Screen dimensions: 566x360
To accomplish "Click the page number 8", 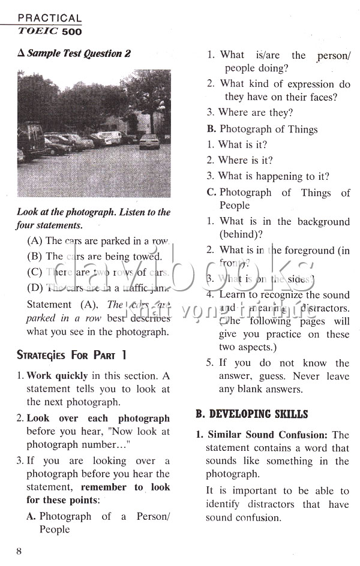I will (x=19, y=551).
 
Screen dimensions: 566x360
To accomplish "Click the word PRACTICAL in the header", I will (x=50, y=19).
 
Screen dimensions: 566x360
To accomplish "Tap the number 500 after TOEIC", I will (x=72, y=31).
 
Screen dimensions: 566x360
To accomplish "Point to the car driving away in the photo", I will (x=149, y=141).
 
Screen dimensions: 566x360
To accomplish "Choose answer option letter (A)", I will (x=35, y=241).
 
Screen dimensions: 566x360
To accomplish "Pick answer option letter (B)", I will (x=35, y=257).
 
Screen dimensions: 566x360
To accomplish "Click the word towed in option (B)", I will (x=147, y=257).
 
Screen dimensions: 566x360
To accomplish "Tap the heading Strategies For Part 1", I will (x=71, y=354).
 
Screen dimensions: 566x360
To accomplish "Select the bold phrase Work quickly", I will (x=57, y=376).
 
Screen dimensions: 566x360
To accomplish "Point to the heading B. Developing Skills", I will (x=251, y=414).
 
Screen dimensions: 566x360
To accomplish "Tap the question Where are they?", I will (x=256, y=112).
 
